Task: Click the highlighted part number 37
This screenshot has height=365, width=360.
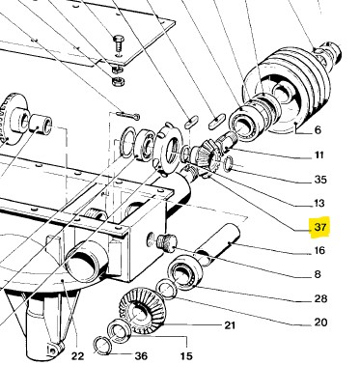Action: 320,227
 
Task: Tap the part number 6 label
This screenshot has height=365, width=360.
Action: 318,130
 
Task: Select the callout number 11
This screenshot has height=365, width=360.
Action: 318,155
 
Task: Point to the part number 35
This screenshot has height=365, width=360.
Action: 320,180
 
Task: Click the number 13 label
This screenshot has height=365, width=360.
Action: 319,203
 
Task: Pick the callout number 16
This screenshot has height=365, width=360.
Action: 319,250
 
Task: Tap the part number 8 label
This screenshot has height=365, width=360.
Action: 318,274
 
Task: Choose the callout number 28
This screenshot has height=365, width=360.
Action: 320,298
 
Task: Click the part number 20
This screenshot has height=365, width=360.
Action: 320,323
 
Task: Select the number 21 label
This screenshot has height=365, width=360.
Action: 230,325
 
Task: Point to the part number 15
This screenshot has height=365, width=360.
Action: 186,356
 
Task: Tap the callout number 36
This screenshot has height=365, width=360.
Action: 141,356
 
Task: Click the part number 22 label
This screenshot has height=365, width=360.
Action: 77,356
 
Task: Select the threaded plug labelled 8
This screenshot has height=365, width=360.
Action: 167,242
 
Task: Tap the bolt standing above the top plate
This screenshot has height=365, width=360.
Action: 118,45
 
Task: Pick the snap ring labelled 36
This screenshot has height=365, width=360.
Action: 102,346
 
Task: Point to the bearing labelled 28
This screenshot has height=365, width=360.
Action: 185,270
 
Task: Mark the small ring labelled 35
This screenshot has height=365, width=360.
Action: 228,162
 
